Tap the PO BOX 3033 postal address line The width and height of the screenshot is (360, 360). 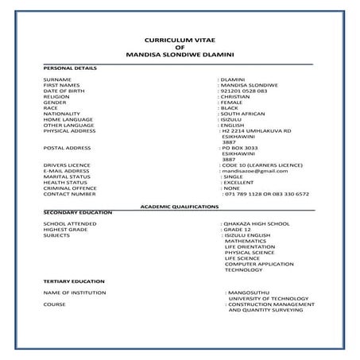240,148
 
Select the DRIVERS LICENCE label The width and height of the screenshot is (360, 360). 67,165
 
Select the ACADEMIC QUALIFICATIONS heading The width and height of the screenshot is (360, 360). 179,206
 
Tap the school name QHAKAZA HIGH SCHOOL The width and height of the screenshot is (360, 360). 256,225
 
